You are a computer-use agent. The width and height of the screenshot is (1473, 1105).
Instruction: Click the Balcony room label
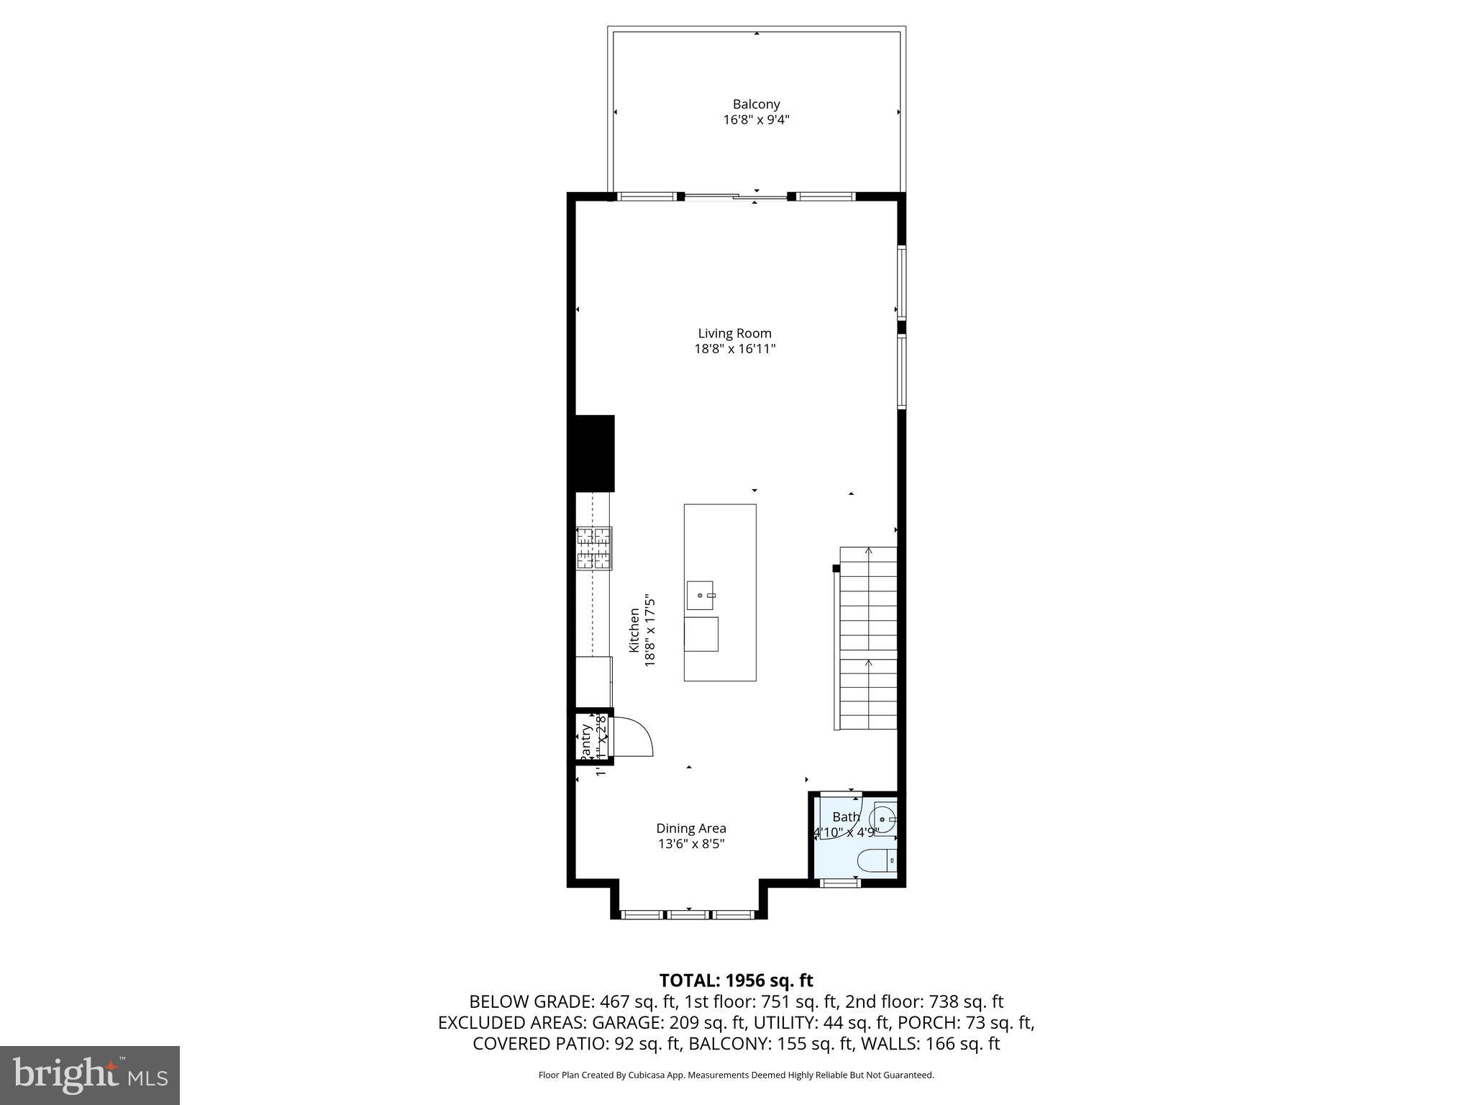point(756,104)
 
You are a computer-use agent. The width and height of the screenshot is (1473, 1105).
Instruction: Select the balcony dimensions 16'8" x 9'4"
point(756,120)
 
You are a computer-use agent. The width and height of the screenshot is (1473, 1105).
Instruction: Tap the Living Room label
point(734,333)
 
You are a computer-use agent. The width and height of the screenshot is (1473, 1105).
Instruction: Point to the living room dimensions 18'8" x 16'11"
point(734,349)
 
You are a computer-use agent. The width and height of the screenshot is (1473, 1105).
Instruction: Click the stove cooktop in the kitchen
point(594,548)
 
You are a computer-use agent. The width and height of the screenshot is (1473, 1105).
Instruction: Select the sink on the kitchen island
point(700,595)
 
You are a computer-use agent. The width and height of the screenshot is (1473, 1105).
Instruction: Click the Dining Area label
point(690,828)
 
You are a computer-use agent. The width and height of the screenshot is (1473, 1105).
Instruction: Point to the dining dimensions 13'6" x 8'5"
point(690,844)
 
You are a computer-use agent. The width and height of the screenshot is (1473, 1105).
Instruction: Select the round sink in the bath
point(883,819)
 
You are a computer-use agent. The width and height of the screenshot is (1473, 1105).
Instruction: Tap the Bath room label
point(846,817)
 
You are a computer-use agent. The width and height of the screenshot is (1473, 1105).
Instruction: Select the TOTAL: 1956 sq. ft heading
point(736,981)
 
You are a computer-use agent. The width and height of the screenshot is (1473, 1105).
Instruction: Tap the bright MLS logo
point(90,1075)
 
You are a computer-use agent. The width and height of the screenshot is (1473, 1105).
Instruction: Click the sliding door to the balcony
point(735,196)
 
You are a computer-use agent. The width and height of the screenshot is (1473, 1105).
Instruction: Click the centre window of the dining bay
point(688,914)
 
